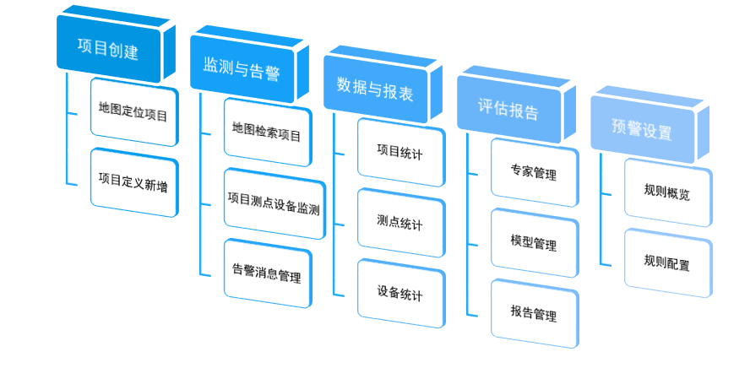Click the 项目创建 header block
click(107, 49)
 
